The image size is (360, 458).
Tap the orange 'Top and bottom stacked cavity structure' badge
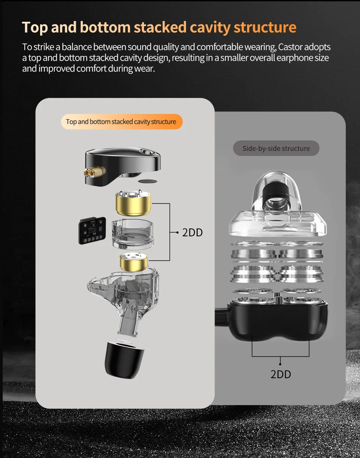(x=121, y=122)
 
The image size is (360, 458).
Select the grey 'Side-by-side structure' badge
(x=276, y=148)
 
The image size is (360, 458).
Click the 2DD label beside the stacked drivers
(x=192, y=233)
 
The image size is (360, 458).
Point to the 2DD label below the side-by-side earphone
(x=281, y=374)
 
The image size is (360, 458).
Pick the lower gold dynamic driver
(x=133, y=261)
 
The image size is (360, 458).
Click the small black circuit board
(x=92, y=231)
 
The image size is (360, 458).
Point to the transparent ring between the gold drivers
(x=132, y=234)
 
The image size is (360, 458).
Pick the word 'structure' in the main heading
(x=265, y=27)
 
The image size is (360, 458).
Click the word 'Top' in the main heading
(x=34, y=27)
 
